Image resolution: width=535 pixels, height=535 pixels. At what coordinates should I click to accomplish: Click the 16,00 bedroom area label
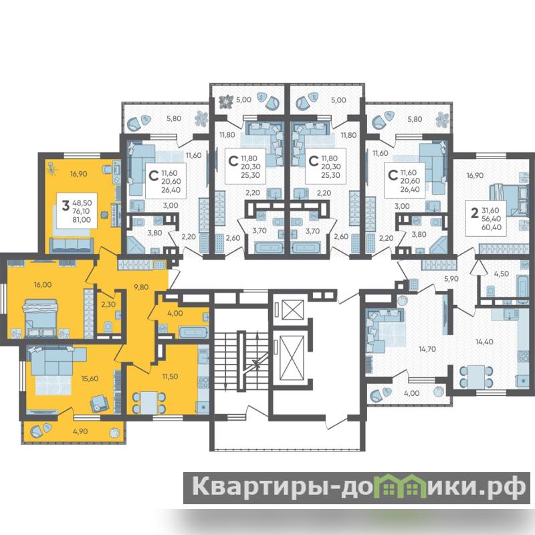pyautogui.click(x=43, y=285)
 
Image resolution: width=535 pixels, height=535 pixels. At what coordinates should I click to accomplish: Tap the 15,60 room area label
pyautogui.click(x=90, y=379)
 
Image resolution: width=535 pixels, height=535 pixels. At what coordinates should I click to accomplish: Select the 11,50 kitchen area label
pyautogui.click(x=170, y=377)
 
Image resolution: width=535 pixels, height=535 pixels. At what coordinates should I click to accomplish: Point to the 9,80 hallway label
pyautogui.click(x=141, y=287)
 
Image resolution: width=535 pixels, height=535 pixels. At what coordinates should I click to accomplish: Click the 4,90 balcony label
pyautogui.click(x=80, y=431)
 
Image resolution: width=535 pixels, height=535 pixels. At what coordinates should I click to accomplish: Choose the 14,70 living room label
pyautogui.click(x=427, y=349)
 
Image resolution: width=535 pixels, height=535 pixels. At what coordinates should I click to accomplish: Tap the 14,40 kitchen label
pyautogui.click(x=484, y=342)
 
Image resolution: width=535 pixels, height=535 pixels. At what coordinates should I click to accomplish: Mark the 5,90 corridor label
pyautogui.click(x=451, y=279)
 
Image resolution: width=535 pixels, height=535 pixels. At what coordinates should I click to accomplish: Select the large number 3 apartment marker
pyautogui.click(x=65, y=206)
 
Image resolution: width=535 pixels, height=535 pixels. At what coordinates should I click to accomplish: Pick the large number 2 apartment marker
pyautogui.click(x=474, y=213)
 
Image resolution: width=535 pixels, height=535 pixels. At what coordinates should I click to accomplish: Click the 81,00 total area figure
pyautogui.click(x=82, y=220)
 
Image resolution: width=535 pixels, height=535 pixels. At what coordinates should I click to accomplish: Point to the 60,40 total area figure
pyautogui.click(x=492, y=227)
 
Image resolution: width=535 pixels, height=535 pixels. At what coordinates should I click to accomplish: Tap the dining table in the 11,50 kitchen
pyautogui.click(x=148, y=403)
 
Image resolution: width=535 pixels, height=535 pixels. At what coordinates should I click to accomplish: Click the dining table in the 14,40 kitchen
pyautogui.click(x=476, y=377)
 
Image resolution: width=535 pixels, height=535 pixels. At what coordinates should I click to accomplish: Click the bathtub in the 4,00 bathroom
pyautogui.click(x=193, y=332)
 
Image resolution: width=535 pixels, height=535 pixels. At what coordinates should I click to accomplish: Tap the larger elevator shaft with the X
pyautogui.click(x=291, y=358)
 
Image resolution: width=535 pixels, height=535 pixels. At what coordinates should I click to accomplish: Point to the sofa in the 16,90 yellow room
pyautogui.click(x=72, y=245)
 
